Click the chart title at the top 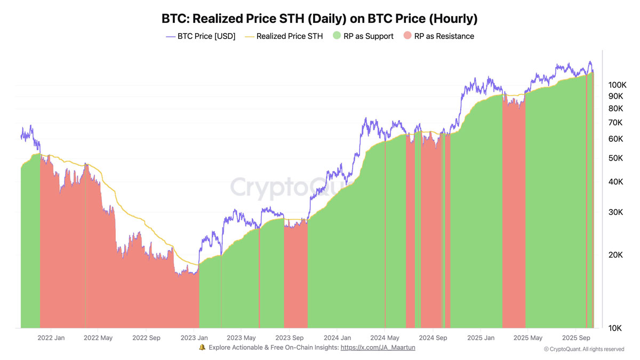click(319, 19)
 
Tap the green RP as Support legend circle click(337, 36)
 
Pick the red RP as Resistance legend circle click(407, 36)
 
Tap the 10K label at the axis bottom click(615, 328)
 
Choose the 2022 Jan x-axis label click(52, 338)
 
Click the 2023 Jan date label click(194, 338)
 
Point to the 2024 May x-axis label click(385, 338)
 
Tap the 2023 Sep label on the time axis click(290, 338)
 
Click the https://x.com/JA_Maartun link click(378, 348)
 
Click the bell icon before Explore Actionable click(202, 348)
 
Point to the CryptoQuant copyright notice click(584, 349)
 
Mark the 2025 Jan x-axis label click(481, 338)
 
